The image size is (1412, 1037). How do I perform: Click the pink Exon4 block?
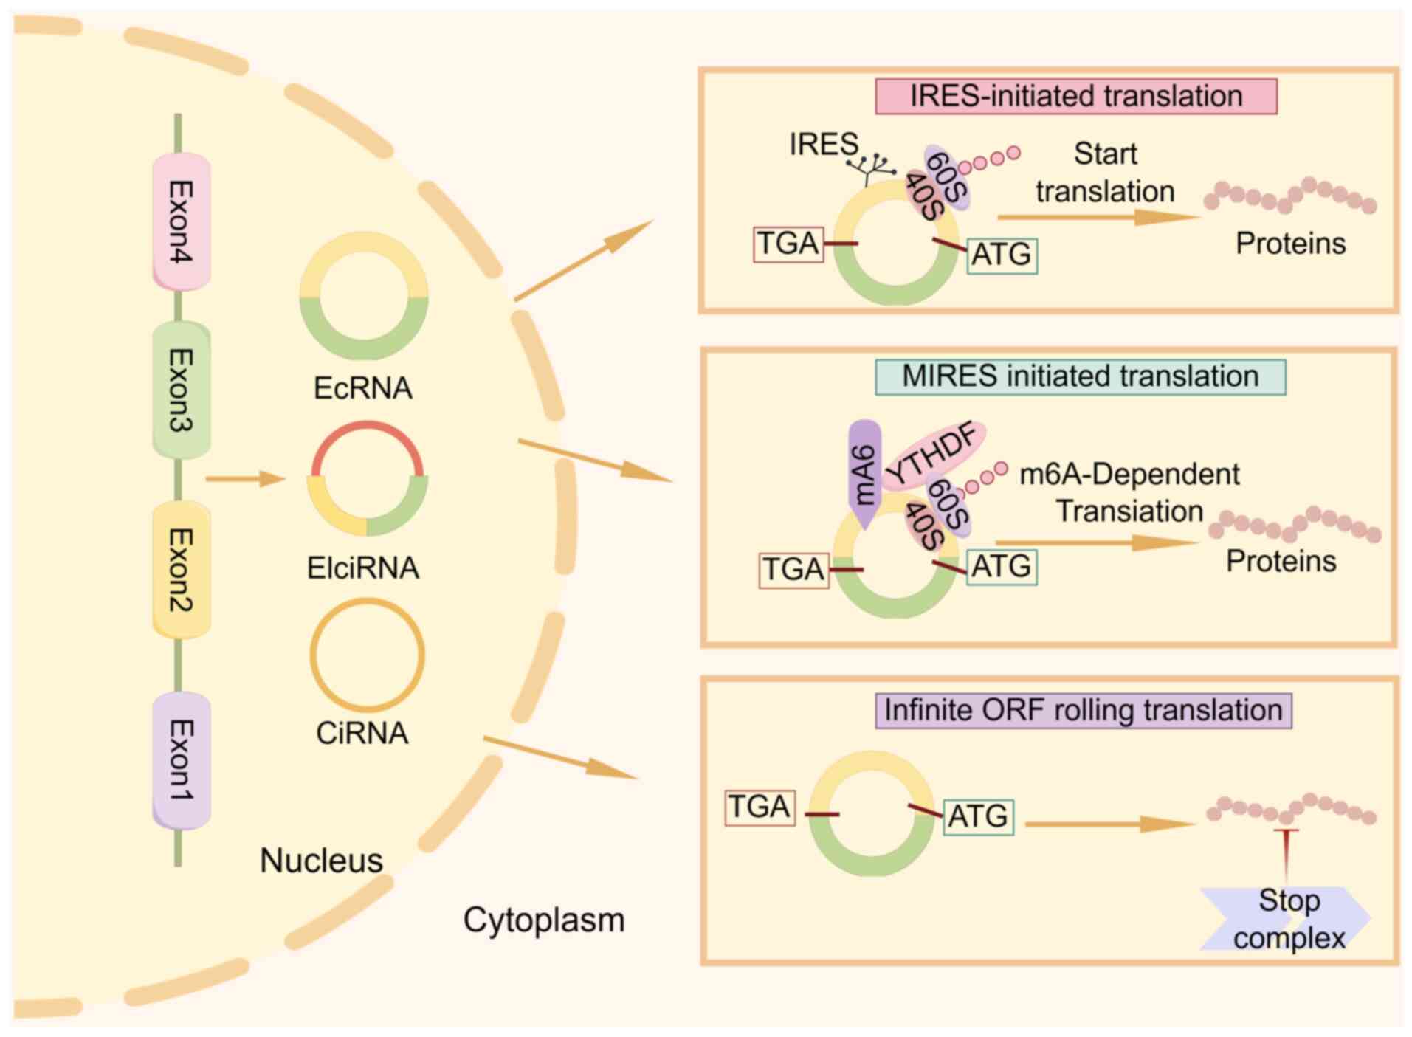tap(182, 221)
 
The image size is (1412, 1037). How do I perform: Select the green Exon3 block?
tap(182, 390)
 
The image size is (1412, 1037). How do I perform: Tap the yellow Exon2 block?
tap(182, 569)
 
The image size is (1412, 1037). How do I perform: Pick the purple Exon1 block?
tap(182, 760)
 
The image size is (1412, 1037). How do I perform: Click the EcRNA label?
tap(362, 388)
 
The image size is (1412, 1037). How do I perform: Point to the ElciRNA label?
tap(362, 568)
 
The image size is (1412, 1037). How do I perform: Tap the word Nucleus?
tap(321, 861)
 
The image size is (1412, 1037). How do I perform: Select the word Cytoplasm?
tap(544, 920)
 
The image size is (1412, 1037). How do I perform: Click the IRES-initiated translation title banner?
tap(1075, 96)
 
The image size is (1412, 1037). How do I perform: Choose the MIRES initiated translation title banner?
tap(1080, 376)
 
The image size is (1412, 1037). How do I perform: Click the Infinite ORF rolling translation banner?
tap(1083, 710)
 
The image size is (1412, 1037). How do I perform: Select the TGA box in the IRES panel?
tap(788, 244)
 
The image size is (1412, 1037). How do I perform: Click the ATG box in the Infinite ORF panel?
tap(978, 816)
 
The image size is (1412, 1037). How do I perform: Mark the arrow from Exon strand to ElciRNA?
tap(244, 479)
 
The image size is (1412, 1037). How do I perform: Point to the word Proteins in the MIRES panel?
tap(1281, 562)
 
